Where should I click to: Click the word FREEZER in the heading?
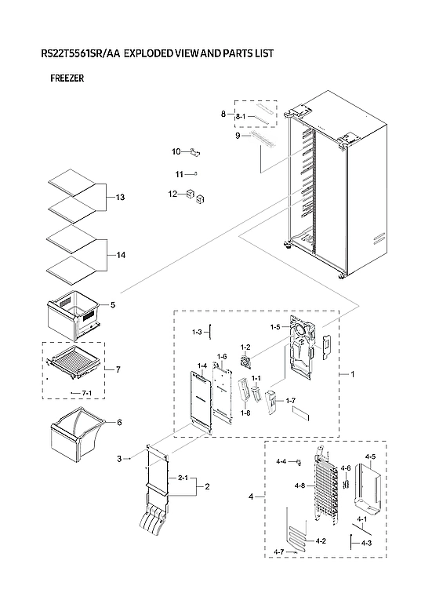[67, 78]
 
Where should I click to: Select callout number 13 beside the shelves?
[119, 196]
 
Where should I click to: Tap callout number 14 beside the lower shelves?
[119, 255]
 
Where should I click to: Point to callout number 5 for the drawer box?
[113, 304]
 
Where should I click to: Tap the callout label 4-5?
[370, 456]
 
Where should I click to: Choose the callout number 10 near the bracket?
[176, 151]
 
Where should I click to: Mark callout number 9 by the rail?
[236, 136]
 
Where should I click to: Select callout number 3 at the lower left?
[120, 458]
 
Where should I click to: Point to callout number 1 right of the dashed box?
[352, 374]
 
